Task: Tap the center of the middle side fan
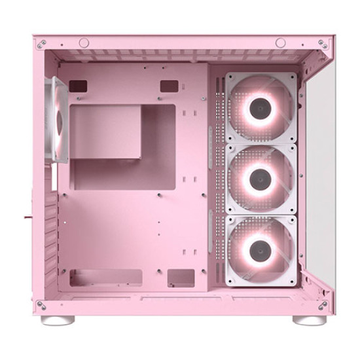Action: pyautogui.click(x=261, y=177)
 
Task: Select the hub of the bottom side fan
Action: pyautogui.click(x=261, y=247)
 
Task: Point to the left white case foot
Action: pyautogui.click(x=58, y=320)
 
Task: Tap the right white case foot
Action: pyautogui.click(x=310, y=320)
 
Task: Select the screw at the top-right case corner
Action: pyautogui.click(x=322, y=45)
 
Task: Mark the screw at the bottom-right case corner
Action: pyautogui.click(x=322, y=305)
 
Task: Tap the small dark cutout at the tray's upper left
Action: pyautogui.click(x=78, y=85)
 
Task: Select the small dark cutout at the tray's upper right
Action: pyautogui.click(x=169, y=86)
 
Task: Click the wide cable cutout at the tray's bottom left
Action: pyautogui.click(x=106, y=278)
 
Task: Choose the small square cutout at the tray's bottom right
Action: pyautogui.click(x=181, y=278)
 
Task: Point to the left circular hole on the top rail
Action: pyautogui.click(x=84, y=43)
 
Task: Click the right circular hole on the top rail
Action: pyautogui.click(x=280, y=43)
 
